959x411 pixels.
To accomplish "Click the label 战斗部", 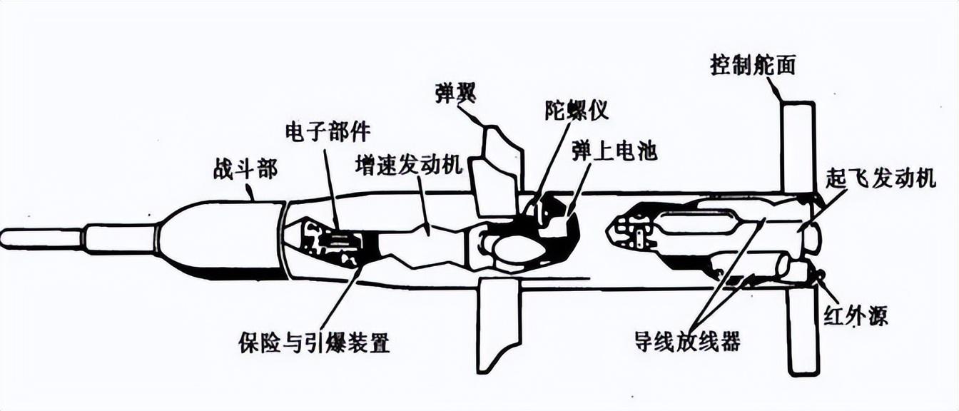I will pyautogui.click(x=245, y=169).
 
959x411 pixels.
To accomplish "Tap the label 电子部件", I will pyautogui.click(x=328, y=132).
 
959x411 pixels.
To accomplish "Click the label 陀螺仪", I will pyautogui.click(x=576, y=111).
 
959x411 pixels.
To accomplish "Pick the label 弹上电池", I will pyautogui.click(x=614, y=150).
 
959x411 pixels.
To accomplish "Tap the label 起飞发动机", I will pyautogui.click(x=881, y=178).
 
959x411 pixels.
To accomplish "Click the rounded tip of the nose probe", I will pyautogui.click(x=6, y=238).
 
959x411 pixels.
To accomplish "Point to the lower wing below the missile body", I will pyautogui.click(x=499, y=325).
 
